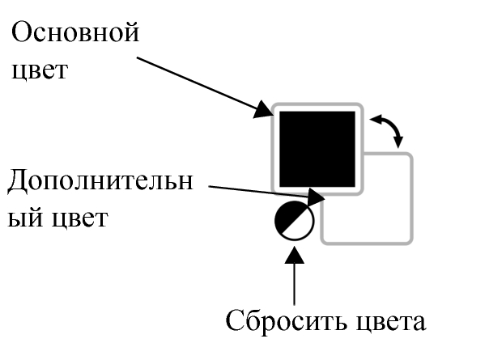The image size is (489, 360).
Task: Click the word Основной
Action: click(74, 35)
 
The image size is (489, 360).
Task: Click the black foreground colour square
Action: click(317, 149)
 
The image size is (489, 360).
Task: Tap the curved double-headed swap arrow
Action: click(386, 129)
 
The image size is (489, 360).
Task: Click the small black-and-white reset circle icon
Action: click(293, 221)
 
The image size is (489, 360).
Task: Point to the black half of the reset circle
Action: click(287, 214)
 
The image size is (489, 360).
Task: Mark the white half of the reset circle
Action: click(300, 227)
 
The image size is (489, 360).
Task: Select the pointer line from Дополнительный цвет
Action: click(259, 191)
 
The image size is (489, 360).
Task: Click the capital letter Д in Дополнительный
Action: click(17, 181)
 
